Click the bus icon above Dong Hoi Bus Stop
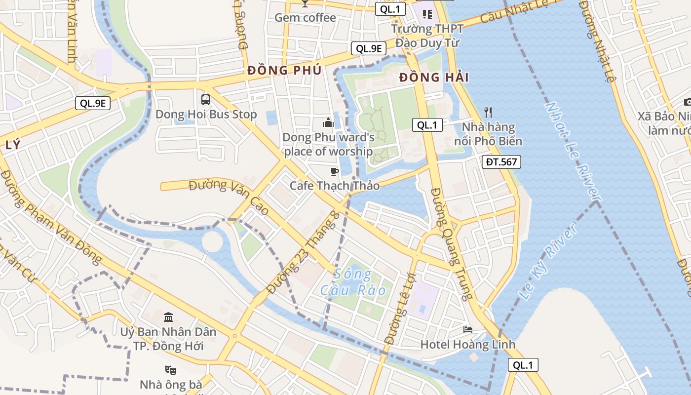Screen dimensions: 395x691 (x=206, y=99)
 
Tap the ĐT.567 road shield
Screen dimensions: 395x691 (x=501, y=161)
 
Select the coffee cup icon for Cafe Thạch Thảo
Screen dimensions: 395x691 (x=335, y=171)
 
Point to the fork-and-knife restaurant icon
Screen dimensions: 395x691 (x=488, y=113)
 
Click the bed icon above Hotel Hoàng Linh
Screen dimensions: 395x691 (x=467, y=329)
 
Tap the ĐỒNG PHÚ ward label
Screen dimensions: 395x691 (x=284, y=70)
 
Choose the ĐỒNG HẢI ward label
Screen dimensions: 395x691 (x=434, y=78)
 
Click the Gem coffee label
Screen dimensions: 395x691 (x=305, y=18)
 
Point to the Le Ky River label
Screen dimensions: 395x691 (x=548, y=262)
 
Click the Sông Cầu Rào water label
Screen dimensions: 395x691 (x=353, y=282)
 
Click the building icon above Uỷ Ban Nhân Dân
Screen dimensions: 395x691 (x=168, y=316)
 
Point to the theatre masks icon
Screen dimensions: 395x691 (x=171, y=369)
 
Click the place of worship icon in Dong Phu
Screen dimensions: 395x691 (x=328, y=122)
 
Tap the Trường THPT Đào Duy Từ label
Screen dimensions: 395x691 (x=427, y=36)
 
